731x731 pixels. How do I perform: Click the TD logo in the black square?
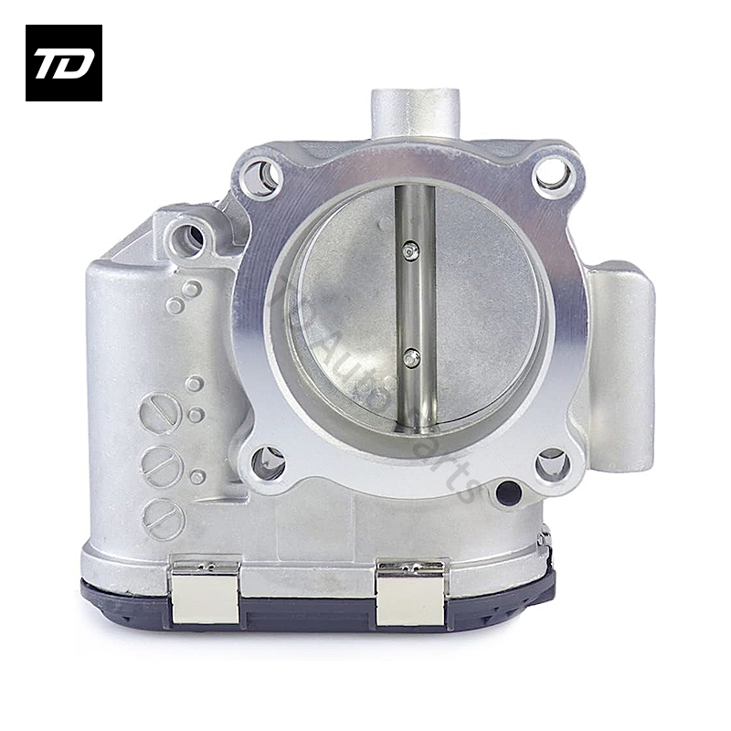[x=63, y=63]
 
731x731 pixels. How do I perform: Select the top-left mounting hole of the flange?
[x=259, y=176]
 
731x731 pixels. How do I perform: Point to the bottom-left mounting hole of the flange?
[x=268, y=462]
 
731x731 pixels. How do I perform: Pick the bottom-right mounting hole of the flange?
[x=553, y=463]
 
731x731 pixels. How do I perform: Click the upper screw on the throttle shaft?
[x=411, y=249]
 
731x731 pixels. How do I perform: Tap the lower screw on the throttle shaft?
[x=412, y=357]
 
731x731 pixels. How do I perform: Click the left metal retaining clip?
[x=206, y=592]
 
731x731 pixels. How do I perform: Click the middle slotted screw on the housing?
[x=162, y=467]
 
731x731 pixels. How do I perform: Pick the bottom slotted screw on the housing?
[x=164, y=519]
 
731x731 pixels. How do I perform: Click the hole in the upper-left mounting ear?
[x=190, y=238]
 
